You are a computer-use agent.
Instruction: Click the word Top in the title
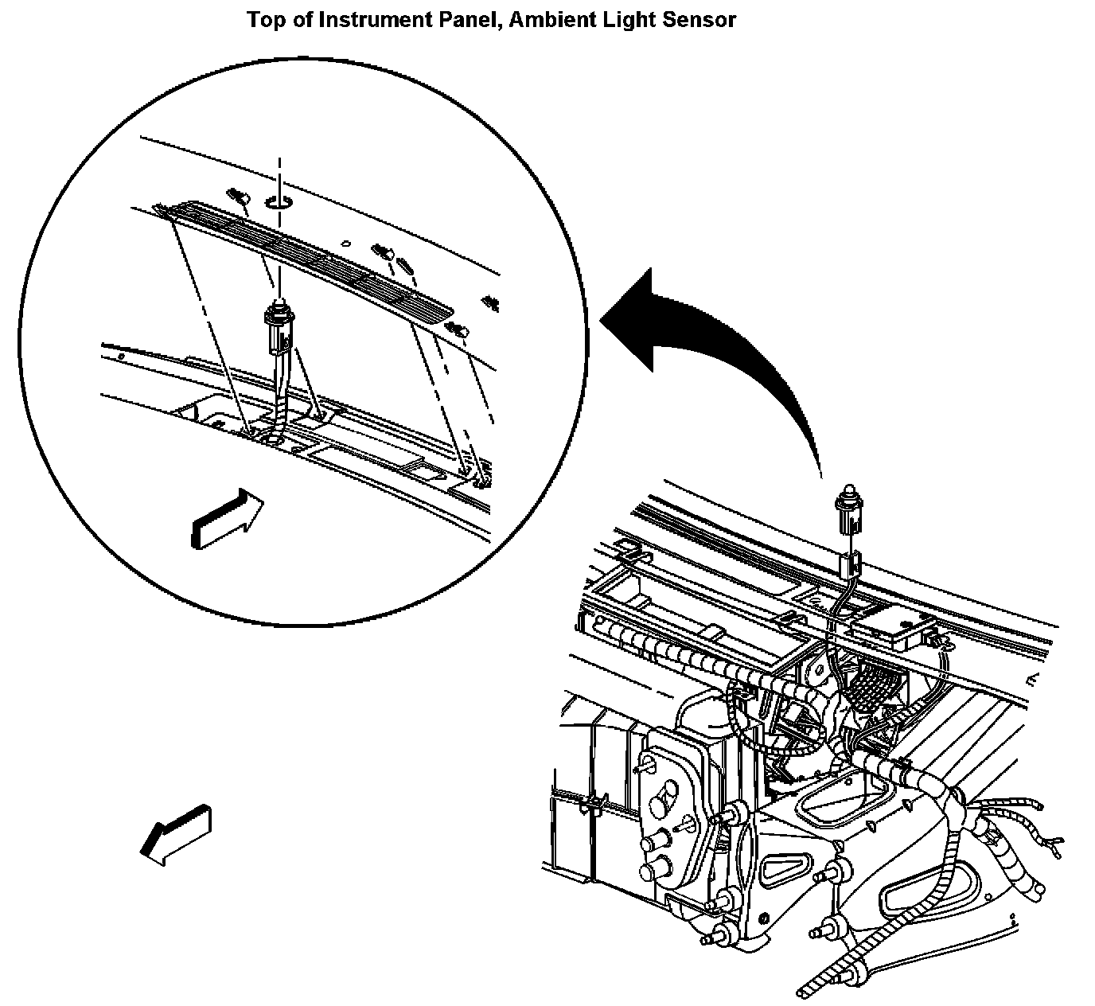(263, 20)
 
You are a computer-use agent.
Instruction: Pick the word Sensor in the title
(700, 20)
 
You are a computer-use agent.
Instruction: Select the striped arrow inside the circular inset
(227, 519)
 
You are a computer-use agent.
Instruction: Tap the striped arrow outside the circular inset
(177, 834)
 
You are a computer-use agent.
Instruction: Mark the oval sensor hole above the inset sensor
(279, 202)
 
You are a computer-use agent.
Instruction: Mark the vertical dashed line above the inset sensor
(279, 171)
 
